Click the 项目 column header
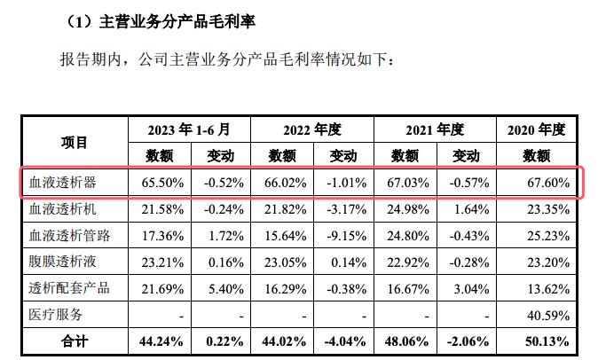[75, 142]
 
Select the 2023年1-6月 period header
[189, 129]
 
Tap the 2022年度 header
[312, 129]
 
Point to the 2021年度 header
[435, 129]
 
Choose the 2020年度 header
[536, 129]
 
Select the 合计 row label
[75, 340]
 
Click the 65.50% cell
[161, 183]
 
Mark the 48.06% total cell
[408, 340]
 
